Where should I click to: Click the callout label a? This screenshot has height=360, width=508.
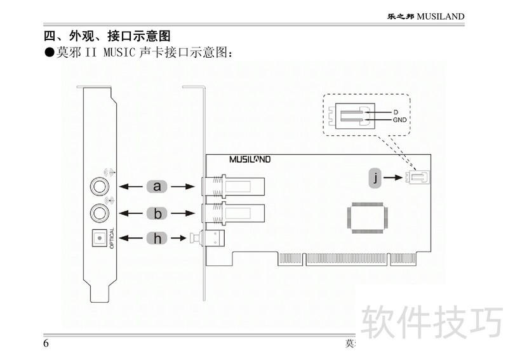(157, 186)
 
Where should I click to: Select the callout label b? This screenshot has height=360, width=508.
(157, 213)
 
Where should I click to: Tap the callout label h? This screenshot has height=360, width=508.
(157, 238)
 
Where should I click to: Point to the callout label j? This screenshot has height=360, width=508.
(376, 178)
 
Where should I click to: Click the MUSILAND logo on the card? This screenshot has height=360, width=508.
(250, 160)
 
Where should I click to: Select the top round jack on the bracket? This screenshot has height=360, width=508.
(99, 185)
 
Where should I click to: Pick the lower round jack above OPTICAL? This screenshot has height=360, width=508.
(99, 210)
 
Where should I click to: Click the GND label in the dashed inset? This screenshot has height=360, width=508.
(399, 119)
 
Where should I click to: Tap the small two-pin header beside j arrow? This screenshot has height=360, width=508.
(419, 178)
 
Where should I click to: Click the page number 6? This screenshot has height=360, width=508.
(46, 343)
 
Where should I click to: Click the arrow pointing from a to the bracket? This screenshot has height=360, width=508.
(131, 186)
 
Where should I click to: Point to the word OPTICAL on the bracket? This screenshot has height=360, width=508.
(112, 238)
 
